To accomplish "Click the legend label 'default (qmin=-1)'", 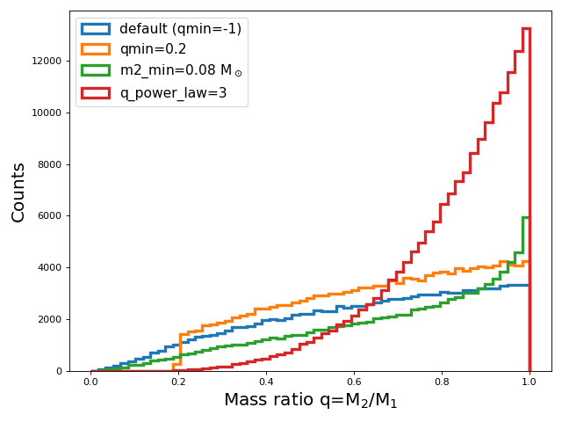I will click(180, 29).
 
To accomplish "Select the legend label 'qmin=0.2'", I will click(153, 50).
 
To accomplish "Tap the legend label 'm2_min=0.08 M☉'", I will click(180, 71).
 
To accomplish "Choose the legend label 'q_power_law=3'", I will click(173, 92).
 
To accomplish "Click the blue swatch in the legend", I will click(96, 29).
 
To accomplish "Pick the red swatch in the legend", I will click(96, 92).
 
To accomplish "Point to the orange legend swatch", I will click(96, 50).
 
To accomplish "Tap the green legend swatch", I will click(96, 71).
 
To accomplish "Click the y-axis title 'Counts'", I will click(18, 192).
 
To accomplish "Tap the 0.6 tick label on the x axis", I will click(354, 383).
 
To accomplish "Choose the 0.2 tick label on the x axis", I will click(178, 383).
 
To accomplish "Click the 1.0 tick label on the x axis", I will click(530, 383).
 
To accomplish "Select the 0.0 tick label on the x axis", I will click(90, 383).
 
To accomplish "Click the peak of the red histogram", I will click(526, 28).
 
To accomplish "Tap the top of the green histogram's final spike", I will click(526, 217).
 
